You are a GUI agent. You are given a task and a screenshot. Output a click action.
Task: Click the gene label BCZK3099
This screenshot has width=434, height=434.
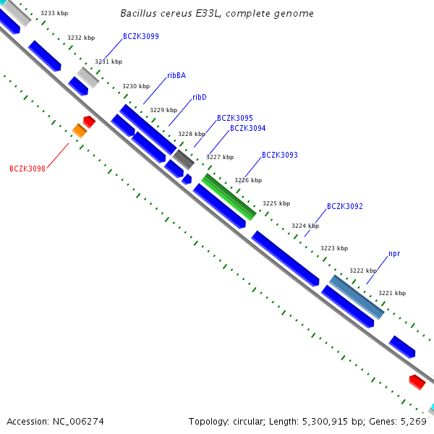point(141,36)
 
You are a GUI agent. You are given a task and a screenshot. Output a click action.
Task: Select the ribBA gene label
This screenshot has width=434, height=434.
point(176,75)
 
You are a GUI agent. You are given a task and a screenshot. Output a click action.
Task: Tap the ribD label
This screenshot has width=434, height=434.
point(200,97)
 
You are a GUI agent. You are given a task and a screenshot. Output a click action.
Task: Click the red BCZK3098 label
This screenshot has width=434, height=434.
point(27,169)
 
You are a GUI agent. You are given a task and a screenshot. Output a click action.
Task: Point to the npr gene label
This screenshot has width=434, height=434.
point(394,254)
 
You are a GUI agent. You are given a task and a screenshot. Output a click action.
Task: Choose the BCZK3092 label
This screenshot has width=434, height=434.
point(345,206)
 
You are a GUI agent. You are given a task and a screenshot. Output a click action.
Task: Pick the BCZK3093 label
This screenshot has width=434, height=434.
point(280,155)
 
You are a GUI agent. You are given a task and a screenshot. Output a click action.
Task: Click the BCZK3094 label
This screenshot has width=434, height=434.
point(248,128)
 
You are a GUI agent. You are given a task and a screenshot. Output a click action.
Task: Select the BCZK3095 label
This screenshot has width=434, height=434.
point(235,118)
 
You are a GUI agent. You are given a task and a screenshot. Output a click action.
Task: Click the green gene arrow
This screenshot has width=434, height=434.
point(229,197)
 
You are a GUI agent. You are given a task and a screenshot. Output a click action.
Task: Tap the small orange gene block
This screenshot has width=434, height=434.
point(80,130)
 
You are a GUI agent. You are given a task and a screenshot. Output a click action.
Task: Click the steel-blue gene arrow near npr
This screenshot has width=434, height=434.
point(357,297)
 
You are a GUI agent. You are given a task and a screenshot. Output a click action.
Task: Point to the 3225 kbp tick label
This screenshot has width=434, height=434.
point(276,203)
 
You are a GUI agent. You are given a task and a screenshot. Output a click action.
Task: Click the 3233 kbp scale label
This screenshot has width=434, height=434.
point(54,13)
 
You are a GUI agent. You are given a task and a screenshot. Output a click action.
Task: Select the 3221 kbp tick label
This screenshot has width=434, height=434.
point(392,293)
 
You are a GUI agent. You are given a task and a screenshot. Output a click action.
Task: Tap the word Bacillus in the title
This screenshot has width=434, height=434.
point(137,13)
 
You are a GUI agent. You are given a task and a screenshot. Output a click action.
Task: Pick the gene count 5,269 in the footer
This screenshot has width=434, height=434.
point(413,421)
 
